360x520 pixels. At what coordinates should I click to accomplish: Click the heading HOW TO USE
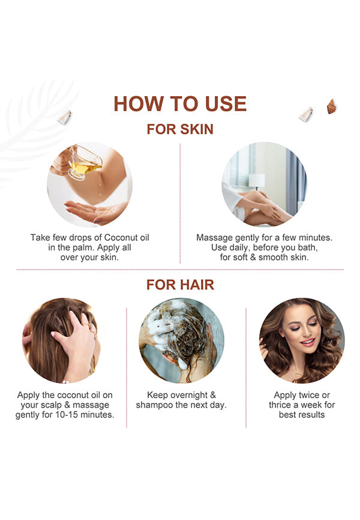(180, 103)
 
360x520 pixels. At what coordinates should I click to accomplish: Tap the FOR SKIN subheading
(180, 129)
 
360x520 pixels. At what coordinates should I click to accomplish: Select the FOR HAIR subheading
(180, 285)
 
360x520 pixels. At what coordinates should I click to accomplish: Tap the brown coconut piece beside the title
(331, 106)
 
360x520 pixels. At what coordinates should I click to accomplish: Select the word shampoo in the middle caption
(154, 405)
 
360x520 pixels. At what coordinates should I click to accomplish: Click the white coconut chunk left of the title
(65, 117)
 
